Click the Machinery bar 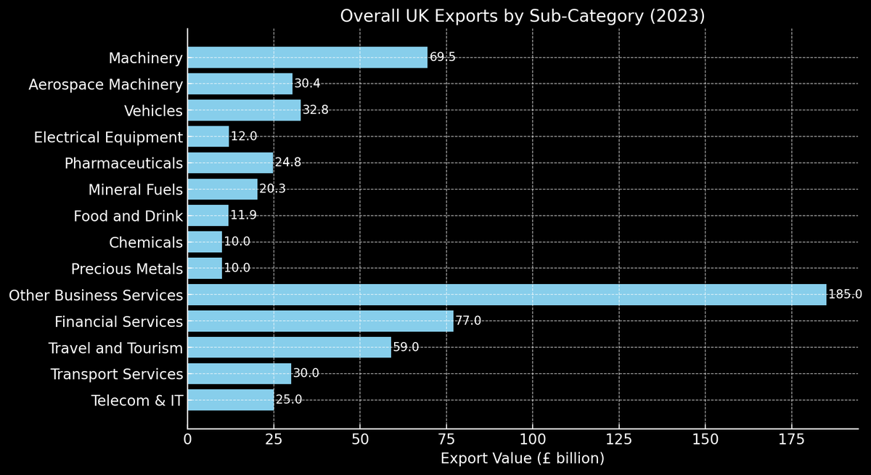coord(307,57)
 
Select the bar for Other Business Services coord(507,295)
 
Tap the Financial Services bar coord(320,321)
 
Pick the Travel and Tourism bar coord(289,347)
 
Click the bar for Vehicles coord(244,110)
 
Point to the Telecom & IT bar coord(231,400)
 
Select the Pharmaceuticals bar coord(230,163)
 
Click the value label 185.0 coord(845,295)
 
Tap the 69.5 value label coord(443,57)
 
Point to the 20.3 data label coord(273,190)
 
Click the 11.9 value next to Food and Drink coord(243,216)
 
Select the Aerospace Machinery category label coord(105,84)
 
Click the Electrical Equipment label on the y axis coord(108,137)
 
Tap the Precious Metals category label coord(127,269)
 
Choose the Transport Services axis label coord(116,374)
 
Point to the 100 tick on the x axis coord(532,439)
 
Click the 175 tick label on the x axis coord(791,439)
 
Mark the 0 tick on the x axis coord(188,439)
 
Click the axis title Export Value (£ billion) coord(522,459)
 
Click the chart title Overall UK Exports coord(522,16)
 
